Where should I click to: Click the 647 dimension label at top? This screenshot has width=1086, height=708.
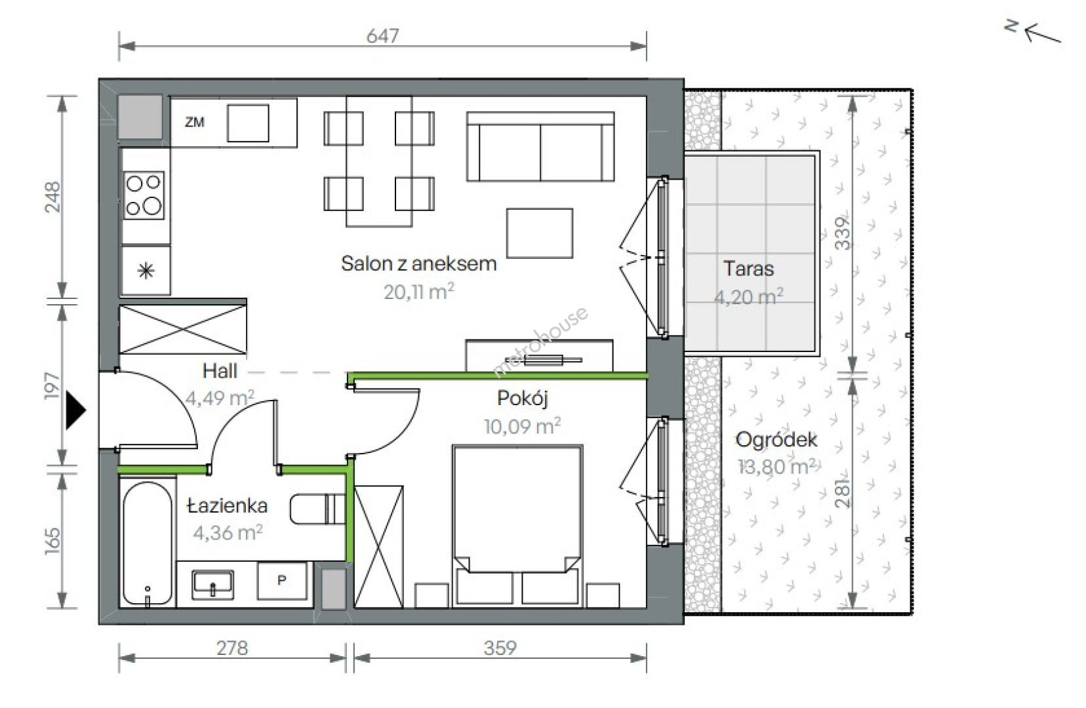point(382,35)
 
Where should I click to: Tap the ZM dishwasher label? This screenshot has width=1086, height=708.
point(194,122)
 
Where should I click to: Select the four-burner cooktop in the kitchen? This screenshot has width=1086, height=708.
point(144,195)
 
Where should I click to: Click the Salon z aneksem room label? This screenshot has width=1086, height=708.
point(419,263)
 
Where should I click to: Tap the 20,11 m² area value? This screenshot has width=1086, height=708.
point(419,292)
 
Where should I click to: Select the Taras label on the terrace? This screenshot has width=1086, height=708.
point(748,269)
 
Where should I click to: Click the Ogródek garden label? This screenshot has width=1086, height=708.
point(776,439)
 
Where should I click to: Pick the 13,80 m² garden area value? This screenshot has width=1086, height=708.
point(776,467)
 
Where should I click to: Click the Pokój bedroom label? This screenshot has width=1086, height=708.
point(522,399)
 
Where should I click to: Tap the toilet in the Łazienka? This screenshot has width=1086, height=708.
point(317,509)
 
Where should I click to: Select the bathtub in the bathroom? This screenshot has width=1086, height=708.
point(148,543)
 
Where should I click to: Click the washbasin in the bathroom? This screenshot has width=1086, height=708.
point(212,584)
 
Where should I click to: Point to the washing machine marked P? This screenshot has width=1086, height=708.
point(282,581)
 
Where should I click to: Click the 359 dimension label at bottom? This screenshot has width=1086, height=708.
point(500,648)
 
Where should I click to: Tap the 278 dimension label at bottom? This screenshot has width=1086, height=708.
point(232,648)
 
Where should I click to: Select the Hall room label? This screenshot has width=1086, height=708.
point(220,371)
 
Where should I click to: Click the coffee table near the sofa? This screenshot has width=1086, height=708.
point(540,233)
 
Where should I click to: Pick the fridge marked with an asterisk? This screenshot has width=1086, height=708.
point(146,270)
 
